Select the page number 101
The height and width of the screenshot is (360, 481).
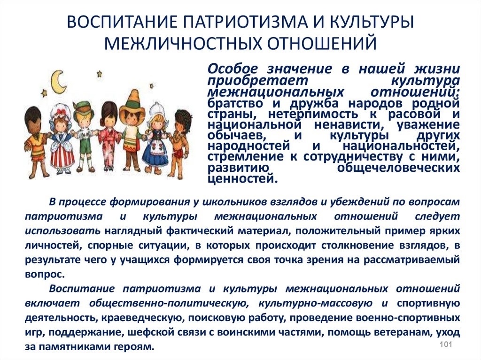446,344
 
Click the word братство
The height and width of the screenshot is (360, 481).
235,104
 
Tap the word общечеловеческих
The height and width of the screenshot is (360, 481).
398,168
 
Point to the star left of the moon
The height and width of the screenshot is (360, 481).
45,92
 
